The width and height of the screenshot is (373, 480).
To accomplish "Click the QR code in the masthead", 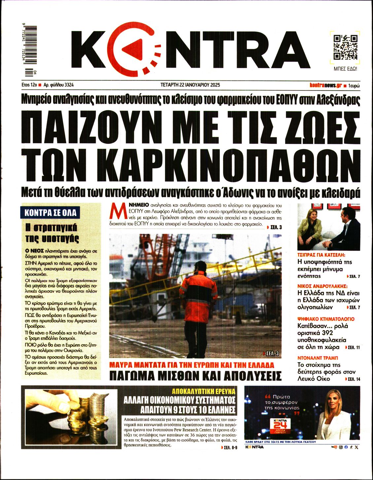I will tap(345, 47).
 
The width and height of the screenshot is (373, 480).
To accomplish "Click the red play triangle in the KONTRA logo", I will tap(134, 49).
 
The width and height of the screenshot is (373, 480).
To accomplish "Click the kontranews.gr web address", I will tap(325, 85).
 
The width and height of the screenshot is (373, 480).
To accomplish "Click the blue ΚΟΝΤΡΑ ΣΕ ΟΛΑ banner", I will tap(51, 213).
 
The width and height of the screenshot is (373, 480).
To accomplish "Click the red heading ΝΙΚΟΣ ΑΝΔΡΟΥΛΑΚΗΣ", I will tap(322, 286).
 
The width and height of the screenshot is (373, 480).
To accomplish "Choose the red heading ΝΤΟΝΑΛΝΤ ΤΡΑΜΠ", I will tap(318, 358).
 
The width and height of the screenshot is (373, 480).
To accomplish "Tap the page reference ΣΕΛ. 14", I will tap(353, 379).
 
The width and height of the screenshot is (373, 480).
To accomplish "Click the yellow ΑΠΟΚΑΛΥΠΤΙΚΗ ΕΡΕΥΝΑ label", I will tap(204, 392).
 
